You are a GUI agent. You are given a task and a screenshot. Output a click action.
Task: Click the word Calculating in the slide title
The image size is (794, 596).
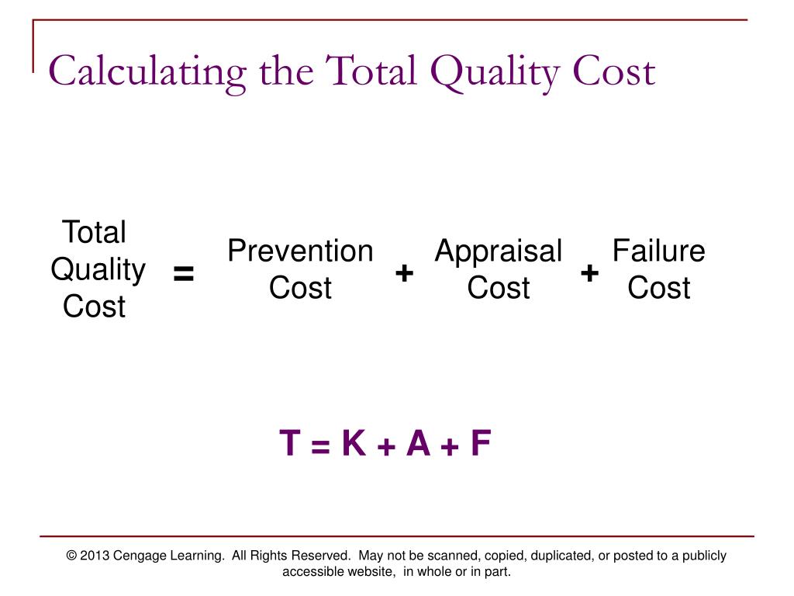[x=148, y=72]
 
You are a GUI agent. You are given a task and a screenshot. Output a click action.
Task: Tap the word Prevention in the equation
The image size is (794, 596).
[x=300, y=251]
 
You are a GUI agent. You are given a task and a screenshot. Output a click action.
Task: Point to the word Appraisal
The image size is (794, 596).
[x=498, y=251]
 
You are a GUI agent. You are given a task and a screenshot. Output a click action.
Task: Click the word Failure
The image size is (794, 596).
[x=658, y=251]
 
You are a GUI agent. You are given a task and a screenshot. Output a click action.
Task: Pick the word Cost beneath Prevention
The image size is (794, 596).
[x=300, y=288]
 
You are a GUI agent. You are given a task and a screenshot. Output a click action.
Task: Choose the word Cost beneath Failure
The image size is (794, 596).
[x=658, y=288]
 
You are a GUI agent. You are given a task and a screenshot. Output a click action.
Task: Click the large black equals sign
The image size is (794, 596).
[x=184, y=274]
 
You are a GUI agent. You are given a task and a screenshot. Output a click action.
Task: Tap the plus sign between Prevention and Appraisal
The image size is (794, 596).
[x=404, y=273]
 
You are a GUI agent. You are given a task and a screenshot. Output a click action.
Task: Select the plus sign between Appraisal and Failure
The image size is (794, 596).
[x=589, y=273]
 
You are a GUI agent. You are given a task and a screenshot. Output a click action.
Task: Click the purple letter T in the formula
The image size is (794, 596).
[x=290, y=444]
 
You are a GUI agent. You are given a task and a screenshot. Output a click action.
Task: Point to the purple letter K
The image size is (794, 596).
[x=354, y=444]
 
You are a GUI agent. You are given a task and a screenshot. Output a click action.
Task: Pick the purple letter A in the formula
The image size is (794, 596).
[x=418, y=444]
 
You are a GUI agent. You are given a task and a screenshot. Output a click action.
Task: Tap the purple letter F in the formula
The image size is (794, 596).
[x=481, y=444]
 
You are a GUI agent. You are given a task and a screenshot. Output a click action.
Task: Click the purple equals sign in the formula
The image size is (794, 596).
[x=321, y=446]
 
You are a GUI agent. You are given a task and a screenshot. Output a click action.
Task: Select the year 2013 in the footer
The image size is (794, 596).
[x=95, y=556]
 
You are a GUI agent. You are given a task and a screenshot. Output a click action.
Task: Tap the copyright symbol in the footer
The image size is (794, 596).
[x=72, y=556]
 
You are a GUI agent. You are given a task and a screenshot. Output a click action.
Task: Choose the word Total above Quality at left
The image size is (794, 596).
[x=94, y=232]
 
